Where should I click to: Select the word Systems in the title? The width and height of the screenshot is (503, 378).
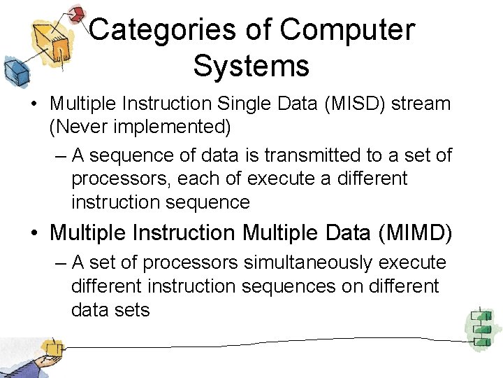[251, 66]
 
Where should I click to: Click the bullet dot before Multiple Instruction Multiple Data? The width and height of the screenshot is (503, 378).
[34, 232]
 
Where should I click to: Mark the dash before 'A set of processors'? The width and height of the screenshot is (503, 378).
[59, 262]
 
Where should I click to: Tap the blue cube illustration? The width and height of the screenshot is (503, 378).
[15, 70]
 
